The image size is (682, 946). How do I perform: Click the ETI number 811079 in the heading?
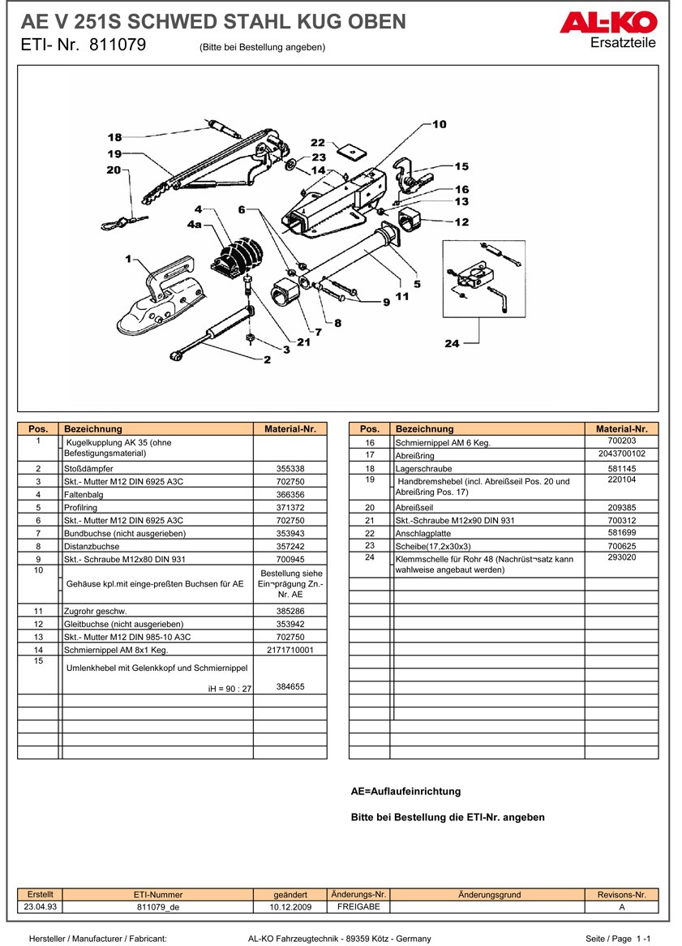tap(118, 45)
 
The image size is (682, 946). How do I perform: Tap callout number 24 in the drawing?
tap(452, 344)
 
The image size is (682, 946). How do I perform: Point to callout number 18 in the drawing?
tap(114, 138)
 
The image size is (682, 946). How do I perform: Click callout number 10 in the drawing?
tap(439, 124)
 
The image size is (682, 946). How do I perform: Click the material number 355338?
tap(290, 469)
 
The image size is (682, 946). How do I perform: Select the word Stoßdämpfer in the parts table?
tap(88, 469)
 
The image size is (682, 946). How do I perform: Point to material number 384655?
tap(290, 686)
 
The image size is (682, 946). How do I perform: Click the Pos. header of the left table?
tap(39, 428)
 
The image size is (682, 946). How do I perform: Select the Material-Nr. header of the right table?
tap(621, 428)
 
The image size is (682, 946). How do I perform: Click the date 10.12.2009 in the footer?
tap(290, 907)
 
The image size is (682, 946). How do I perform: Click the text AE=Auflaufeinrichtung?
tap(405, 791)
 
